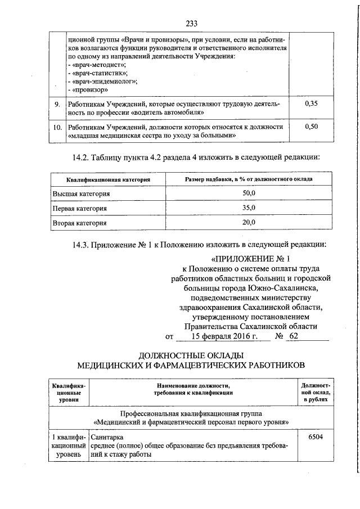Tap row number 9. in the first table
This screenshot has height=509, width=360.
click(57, 104)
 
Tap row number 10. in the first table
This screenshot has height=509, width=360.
click(57, 127)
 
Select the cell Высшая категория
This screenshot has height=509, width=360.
click(81, 193)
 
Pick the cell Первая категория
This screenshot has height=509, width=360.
click(80, 208)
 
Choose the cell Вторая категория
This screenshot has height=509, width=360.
click(79, 223)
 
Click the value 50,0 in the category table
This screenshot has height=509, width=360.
click(249, 193)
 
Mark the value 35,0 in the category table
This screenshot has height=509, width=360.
click(249, 208)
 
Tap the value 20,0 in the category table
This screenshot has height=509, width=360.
click(249, 222)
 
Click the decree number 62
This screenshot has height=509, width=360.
click(292, 336)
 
